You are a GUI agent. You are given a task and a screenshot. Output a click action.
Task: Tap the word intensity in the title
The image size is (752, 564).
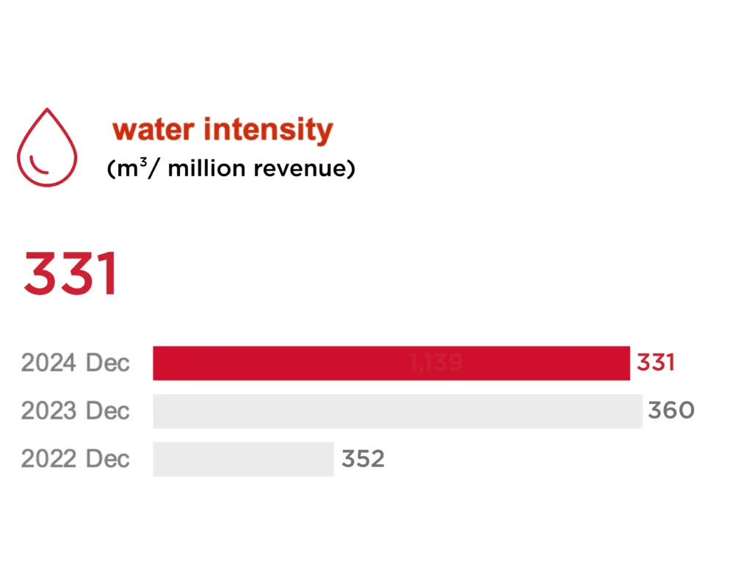tap(268, 130)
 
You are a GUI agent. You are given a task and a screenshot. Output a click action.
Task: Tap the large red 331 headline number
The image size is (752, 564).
tap(70, 275)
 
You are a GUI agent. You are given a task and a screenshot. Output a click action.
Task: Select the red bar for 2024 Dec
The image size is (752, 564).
tap(391, 363)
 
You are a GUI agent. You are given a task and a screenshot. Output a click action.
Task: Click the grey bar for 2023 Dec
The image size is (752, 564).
tap(397, 411)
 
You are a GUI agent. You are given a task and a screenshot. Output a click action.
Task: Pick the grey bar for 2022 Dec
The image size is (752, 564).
tap(243, 459)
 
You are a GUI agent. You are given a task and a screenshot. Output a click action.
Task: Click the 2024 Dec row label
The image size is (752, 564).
tap(76, 363)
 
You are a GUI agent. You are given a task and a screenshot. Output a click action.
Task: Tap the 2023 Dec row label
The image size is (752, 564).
tap(76, 411)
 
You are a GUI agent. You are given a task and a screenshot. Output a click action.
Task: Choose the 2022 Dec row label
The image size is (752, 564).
tap(76, 459)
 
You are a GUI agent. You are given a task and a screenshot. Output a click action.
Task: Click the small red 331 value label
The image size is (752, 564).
tap(655, 363)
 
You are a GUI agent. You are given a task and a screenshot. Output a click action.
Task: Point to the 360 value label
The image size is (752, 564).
tap(670, 411)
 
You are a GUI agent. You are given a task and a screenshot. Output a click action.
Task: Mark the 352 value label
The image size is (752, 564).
tap(363, 459)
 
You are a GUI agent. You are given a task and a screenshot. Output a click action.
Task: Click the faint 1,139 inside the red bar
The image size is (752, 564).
tap(435, 363)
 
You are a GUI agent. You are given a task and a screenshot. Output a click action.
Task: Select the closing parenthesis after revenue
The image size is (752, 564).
tap(352, 169)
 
